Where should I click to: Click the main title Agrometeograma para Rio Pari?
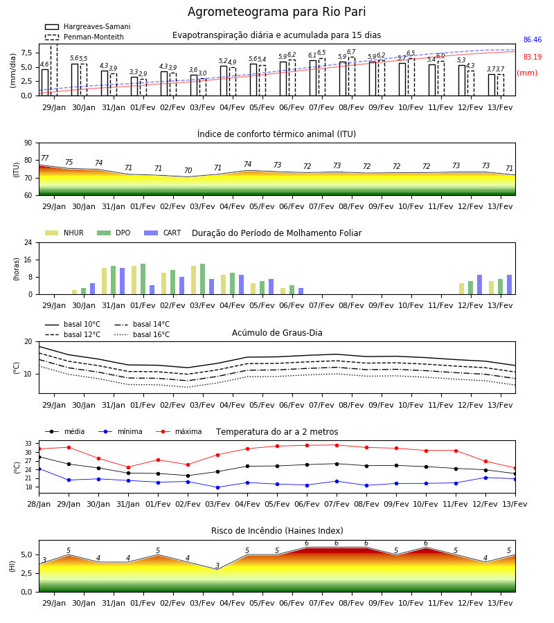(276, 12)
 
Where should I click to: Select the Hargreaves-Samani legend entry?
(88, 26)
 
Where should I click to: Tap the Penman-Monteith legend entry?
(84, 37)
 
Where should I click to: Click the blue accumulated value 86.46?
(533, 39)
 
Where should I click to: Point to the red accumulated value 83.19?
(533, 57)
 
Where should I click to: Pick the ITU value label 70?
(188, 170)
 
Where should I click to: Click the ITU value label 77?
(45, 158)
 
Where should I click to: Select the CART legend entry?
(163, 233)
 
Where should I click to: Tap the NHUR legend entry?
(64, 233)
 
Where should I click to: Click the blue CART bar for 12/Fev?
(480, 285)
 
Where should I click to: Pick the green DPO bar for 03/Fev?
(203, 279)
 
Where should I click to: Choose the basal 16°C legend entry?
(142, 334)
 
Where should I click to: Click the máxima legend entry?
(179, 431)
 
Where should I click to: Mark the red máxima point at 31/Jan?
(128, 467)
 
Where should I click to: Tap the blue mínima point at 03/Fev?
(217, 487)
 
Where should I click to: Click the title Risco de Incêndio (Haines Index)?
(277, 531)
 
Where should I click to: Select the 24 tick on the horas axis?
(28, 242)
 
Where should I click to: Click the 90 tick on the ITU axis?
(28, 143)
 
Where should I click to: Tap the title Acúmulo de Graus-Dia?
(277, 333)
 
